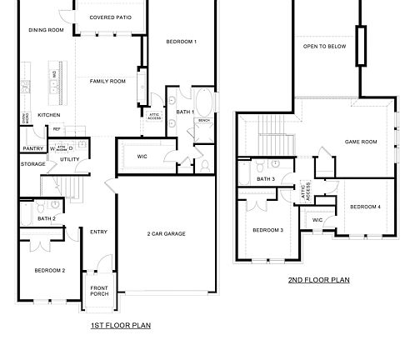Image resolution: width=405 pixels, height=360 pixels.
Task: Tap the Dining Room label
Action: coord(46,30)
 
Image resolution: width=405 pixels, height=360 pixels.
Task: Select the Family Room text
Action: coord(107,81)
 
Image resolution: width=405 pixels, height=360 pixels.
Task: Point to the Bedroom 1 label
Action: coord(180,42)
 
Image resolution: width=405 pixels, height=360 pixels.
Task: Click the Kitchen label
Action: coord(49,114)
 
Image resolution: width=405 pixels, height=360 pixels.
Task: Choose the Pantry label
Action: coord(32,148)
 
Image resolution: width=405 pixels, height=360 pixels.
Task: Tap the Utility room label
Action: coord(70,158)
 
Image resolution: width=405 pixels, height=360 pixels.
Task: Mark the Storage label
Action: coord(33,164)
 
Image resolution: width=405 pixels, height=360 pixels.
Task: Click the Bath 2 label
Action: coord(47,218)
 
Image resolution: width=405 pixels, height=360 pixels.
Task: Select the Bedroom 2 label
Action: coord(49,271)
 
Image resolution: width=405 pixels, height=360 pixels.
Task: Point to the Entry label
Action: coord(99,232)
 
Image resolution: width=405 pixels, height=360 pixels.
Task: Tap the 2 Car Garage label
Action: coord(166,233)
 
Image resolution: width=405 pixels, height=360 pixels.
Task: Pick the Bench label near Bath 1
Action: coord(203,120)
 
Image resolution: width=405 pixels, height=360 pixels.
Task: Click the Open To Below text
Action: coord(324,47)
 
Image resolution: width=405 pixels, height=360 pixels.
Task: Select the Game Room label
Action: coord(360,142)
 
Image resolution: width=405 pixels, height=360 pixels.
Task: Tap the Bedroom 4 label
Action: coord(365,207)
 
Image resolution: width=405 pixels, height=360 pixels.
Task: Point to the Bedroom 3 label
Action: coord(269,230)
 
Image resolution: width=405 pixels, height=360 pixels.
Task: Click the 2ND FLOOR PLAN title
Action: coord(318,281)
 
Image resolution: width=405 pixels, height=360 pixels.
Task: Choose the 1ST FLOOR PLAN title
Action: coord(120,326)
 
